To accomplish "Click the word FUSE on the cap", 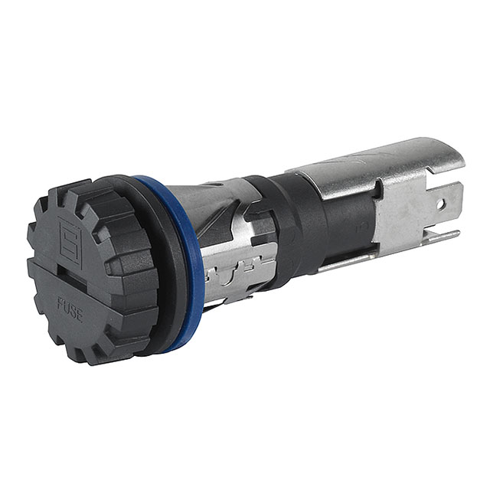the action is (x=70, y=308).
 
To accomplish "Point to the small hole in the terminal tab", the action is (x=440, y=204).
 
